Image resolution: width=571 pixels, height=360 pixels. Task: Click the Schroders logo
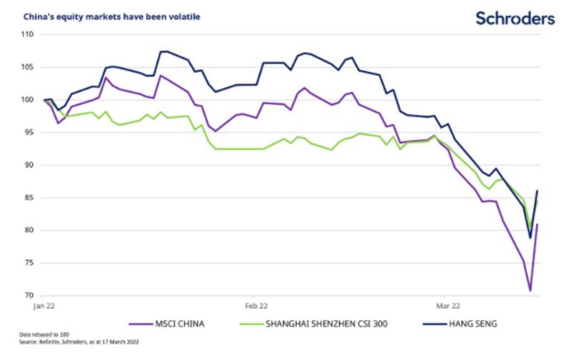tap(515, 19)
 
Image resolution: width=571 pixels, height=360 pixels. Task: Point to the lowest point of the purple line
tap(530, 290)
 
